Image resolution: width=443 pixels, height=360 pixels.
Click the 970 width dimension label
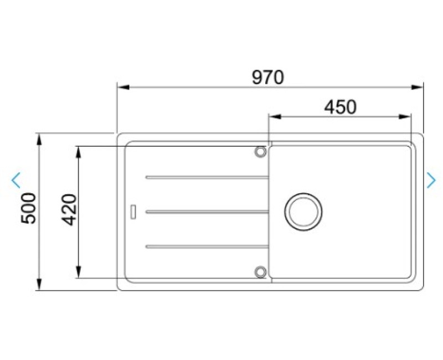tap(267, 78)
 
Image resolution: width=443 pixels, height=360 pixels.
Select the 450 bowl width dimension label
tap(340, 107)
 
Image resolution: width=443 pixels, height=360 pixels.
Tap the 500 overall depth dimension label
tap(29, 208)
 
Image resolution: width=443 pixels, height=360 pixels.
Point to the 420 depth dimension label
tap(69, 209)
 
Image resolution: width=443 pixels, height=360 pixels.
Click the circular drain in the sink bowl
tap(303, 212)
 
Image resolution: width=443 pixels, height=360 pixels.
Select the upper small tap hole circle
tap(260, 151)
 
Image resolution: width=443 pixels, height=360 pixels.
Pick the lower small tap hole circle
tap(260, 272)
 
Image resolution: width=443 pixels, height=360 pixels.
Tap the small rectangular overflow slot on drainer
tap(133, 212)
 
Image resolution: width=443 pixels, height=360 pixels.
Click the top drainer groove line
tap(207, 177)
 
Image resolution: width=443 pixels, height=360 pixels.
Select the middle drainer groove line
tap(207, 212)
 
